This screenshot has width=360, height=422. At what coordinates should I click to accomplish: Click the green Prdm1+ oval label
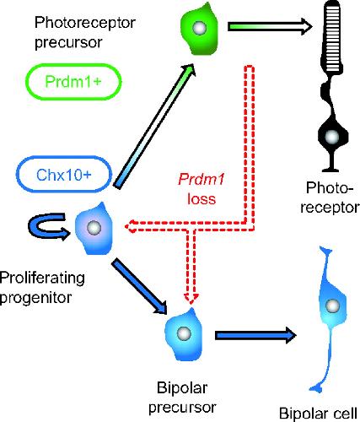tap(73, 82)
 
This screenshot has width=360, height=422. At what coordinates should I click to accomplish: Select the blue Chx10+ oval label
tap(64, 175)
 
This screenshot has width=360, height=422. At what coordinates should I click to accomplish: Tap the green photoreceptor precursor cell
tap(199, 29)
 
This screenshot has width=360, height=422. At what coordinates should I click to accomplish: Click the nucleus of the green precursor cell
tap(199, 28)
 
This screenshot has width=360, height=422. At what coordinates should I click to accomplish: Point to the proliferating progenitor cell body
tap(94, 229)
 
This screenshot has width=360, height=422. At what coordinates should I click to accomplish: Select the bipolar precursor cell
tap(184, 334)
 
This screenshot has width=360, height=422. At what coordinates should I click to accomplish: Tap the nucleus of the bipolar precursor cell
tap(184, 333)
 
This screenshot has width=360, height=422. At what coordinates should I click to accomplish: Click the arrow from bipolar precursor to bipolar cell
tap(255, 335)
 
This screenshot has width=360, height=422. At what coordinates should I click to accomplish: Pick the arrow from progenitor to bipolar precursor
tap(140, 287)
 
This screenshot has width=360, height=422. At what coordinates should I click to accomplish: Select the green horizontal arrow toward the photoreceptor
tap(270, 27)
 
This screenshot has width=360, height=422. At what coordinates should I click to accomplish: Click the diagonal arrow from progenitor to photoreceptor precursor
tap(154, 126)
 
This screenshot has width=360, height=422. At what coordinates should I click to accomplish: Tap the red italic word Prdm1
tap(201, 179)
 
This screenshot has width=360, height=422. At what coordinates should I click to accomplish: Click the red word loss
tap(201, 198)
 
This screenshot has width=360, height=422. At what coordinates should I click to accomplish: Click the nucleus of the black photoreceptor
tap(333, 137)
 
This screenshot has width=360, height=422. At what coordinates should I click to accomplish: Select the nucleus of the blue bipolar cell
tap(333, 306)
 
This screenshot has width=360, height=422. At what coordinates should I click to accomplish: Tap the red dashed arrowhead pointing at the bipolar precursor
tap(191, 298)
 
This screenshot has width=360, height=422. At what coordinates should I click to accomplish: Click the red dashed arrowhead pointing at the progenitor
tap(130, 226)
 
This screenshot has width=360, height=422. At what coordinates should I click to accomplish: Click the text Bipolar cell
tap(318, 413)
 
